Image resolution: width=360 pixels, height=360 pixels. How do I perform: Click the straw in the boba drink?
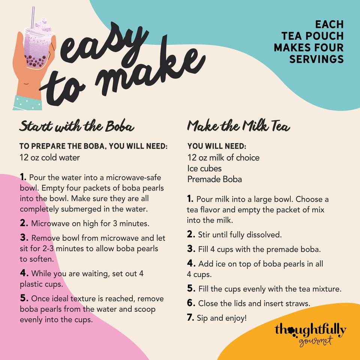point(33,18)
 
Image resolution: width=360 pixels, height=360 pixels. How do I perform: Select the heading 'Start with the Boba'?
point(76,126)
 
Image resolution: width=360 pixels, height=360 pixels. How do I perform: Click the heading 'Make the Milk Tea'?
point(238,125)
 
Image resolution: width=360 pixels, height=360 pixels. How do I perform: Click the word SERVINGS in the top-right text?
point(316,59)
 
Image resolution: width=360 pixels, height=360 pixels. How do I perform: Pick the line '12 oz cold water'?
point(50,157)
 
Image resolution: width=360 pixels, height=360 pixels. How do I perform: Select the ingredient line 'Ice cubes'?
point(204,168)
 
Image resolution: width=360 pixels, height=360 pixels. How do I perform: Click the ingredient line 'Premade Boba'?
point(214,179)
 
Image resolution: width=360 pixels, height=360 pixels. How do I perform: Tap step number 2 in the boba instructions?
point(24,223)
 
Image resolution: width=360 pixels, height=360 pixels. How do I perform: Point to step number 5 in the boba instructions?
point(24,298)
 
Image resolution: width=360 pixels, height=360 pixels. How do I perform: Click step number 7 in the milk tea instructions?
point(190,317)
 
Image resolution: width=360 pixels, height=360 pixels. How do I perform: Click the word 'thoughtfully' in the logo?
point(310,330)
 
